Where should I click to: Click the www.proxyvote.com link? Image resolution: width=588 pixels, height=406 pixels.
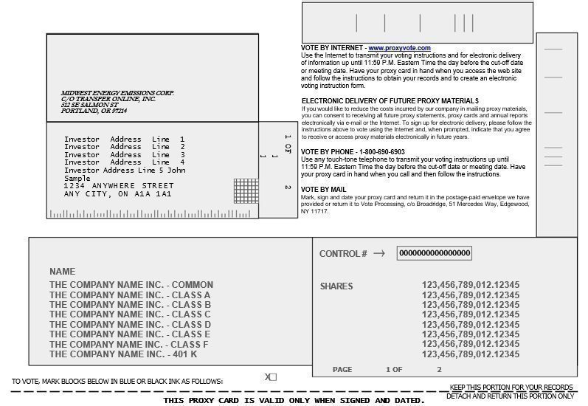399,48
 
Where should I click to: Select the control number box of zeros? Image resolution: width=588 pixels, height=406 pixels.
435,253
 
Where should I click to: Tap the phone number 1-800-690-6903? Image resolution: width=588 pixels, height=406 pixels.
378,151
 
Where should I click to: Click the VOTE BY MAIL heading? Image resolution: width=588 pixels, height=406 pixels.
323,190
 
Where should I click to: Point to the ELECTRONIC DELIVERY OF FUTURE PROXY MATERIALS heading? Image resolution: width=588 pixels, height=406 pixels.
390,100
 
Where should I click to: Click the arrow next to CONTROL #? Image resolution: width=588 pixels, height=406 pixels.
379,253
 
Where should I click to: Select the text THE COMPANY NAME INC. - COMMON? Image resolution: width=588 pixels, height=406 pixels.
131,285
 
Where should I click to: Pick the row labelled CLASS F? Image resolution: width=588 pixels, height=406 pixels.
129,345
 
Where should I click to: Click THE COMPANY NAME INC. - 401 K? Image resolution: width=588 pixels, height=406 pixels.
123,354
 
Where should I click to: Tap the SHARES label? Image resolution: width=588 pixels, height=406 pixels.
336,286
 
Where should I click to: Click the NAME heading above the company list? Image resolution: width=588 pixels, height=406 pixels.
62,272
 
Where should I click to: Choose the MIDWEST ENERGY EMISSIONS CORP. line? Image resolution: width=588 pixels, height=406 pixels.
117,93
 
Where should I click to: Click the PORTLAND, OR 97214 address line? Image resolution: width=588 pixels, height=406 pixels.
94,111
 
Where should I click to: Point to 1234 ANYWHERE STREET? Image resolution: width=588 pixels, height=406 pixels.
119,186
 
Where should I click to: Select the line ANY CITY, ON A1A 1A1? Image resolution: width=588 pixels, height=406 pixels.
117,194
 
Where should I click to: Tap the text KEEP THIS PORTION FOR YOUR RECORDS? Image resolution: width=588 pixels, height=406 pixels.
511,387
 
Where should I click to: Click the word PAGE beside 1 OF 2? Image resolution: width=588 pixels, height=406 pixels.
342,369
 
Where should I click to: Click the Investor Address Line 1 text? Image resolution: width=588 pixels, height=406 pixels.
124,140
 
